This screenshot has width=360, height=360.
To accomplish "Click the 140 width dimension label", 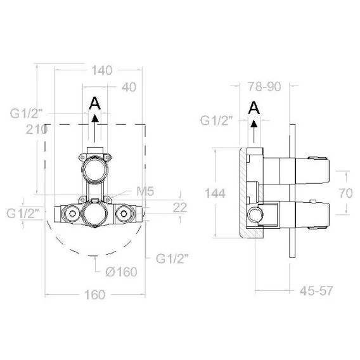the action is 101,70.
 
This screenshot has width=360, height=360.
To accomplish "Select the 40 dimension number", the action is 129,87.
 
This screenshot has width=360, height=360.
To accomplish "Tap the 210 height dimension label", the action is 37,129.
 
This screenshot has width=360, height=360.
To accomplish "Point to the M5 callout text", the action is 145,191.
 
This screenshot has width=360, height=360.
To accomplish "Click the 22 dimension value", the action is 180,207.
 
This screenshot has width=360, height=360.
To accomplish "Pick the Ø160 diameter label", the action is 121,272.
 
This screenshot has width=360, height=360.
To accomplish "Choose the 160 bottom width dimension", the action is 94,295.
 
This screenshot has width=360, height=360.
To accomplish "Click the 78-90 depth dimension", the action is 264,87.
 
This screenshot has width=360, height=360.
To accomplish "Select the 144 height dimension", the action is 215,193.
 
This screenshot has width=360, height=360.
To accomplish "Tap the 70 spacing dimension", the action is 345,193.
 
